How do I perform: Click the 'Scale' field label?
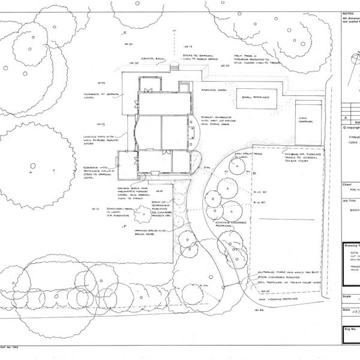point(346,295)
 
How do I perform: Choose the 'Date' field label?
point(346,310)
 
